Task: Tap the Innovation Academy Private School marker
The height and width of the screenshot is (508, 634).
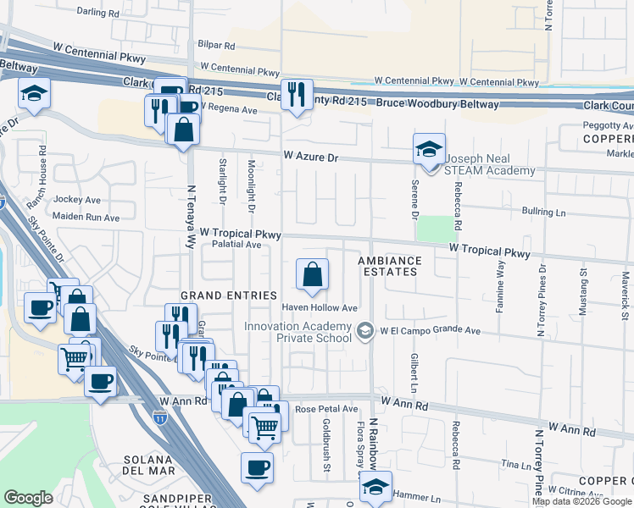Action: tap(365, 329)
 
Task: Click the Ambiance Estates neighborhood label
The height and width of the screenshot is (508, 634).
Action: tap(388, 266)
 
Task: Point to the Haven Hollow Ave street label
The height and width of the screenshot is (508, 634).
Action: tap(320, 307)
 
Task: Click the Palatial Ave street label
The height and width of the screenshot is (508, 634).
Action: tap(236, 245)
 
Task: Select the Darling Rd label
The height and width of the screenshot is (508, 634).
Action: tap(97, 12)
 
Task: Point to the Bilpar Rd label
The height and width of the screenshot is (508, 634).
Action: tap(216, 43)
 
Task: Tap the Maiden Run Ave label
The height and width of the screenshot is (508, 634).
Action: tap(87, 218)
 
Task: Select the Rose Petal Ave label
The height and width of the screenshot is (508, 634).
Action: tap(327, 409)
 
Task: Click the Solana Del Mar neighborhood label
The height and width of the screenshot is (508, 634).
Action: tap(149, 465)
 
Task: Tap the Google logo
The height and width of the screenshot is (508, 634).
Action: tap(28, 498)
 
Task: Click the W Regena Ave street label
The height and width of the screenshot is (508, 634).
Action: tap(227, 110)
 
